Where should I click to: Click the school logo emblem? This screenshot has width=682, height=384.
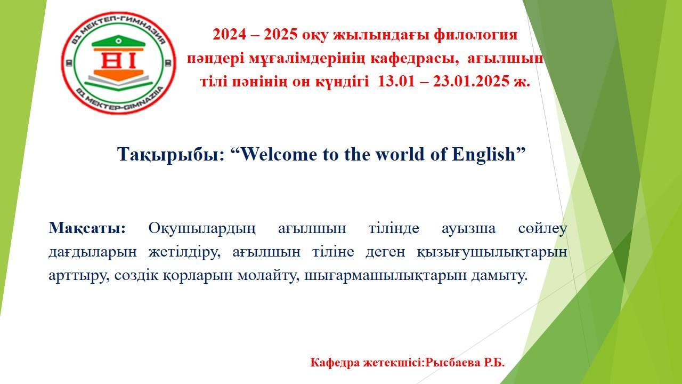point(118,62)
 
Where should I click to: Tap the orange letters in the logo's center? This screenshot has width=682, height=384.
point(118,62)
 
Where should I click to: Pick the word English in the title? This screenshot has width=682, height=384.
point(485,155)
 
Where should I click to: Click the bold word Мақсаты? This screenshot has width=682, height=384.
point(87,228)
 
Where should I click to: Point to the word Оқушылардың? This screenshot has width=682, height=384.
point(202,228)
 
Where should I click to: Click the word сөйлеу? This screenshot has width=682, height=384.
point(542,228)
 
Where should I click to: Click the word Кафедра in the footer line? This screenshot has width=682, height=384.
point(335,363)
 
